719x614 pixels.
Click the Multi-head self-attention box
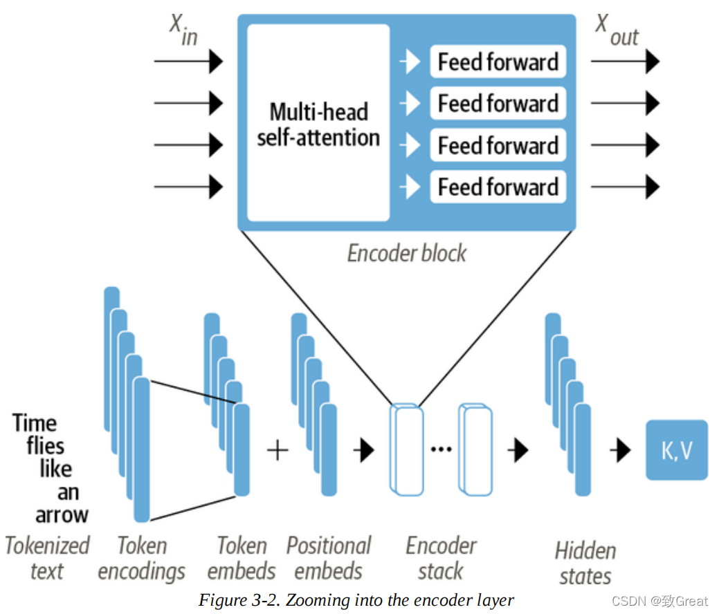coord(318,123)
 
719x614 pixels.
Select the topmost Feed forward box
coord(498,62)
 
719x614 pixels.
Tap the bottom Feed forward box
coord(498,187)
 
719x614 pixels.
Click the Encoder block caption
coord(406,253)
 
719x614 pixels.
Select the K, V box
coord(677,450)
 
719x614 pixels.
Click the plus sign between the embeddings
coord(277,451)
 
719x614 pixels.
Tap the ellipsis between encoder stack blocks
coord(441,450)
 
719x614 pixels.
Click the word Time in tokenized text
coord(35,422)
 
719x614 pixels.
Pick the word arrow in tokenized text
coord(62,514)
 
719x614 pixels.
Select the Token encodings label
coord(141,559)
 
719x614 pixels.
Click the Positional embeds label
coord(329,558)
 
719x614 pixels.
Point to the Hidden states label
coord(585,563)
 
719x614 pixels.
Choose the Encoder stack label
coord(441,558)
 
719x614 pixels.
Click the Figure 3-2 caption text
coord(356,599)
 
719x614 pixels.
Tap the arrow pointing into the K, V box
coord(620,451)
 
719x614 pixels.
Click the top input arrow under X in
coord(188,62)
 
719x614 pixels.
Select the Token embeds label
coord(242,558)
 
